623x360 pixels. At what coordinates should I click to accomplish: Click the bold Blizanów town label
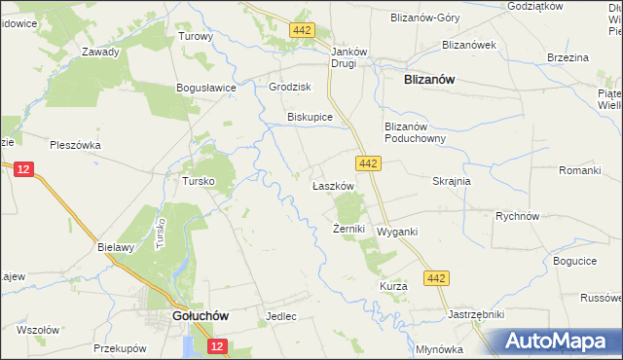pos(430,82)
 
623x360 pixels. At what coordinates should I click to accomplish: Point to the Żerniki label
pos(348,230)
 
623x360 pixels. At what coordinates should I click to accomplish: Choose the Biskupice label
pos(310,117)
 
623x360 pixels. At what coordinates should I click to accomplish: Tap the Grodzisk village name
pos(288,86)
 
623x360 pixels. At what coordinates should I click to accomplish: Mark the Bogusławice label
pos(206,88)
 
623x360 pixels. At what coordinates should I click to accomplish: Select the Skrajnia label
pos(452,181)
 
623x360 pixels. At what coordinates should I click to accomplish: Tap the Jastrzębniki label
pos(475,315)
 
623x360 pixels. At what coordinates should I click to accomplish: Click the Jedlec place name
pos(280,317)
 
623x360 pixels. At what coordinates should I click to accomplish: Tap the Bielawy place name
pos(115,247)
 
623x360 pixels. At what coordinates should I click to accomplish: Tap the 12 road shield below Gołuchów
pos(216,345)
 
